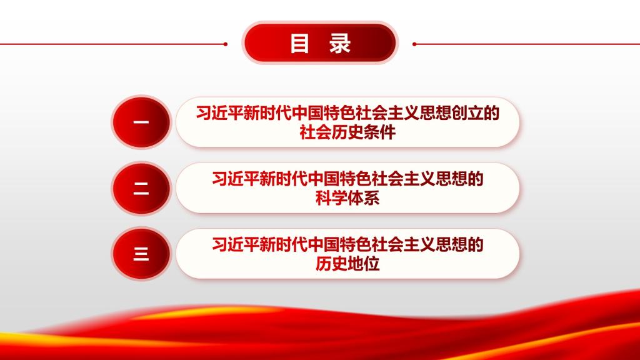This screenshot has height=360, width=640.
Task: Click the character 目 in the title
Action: (299, 43)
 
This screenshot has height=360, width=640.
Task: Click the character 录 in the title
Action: (340, 43)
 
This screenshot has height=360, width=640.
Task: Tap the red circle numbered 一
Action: (141, 122)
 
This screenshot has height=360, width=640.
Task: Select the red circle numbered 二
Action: (141, 188)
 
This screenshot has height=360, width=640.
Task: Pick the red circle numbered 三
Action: (141, 254)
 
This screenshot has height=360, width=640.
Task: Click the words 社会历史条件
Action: (347, 132)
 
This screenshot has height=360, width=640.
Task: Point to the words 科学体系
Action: (347, 198)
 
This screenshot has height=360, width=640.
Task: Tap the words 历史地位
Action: (347, 264)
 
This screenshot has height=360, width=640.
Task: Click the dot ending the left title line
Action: (225, 44)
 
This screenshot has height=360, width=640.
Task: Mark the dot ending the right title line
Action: (414, 44)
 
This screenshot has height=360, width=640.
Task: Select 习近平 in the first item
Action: (219, 113)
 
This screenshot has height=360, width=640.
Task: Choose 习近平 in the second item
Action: (236, 179)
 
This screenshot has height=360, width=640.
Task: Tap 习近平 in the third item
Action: (236, 244)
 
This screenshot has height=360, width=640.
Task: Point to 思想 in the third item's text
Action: (452, 244)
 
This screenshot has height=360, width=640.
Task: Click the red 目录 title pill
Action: (320, 43)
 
